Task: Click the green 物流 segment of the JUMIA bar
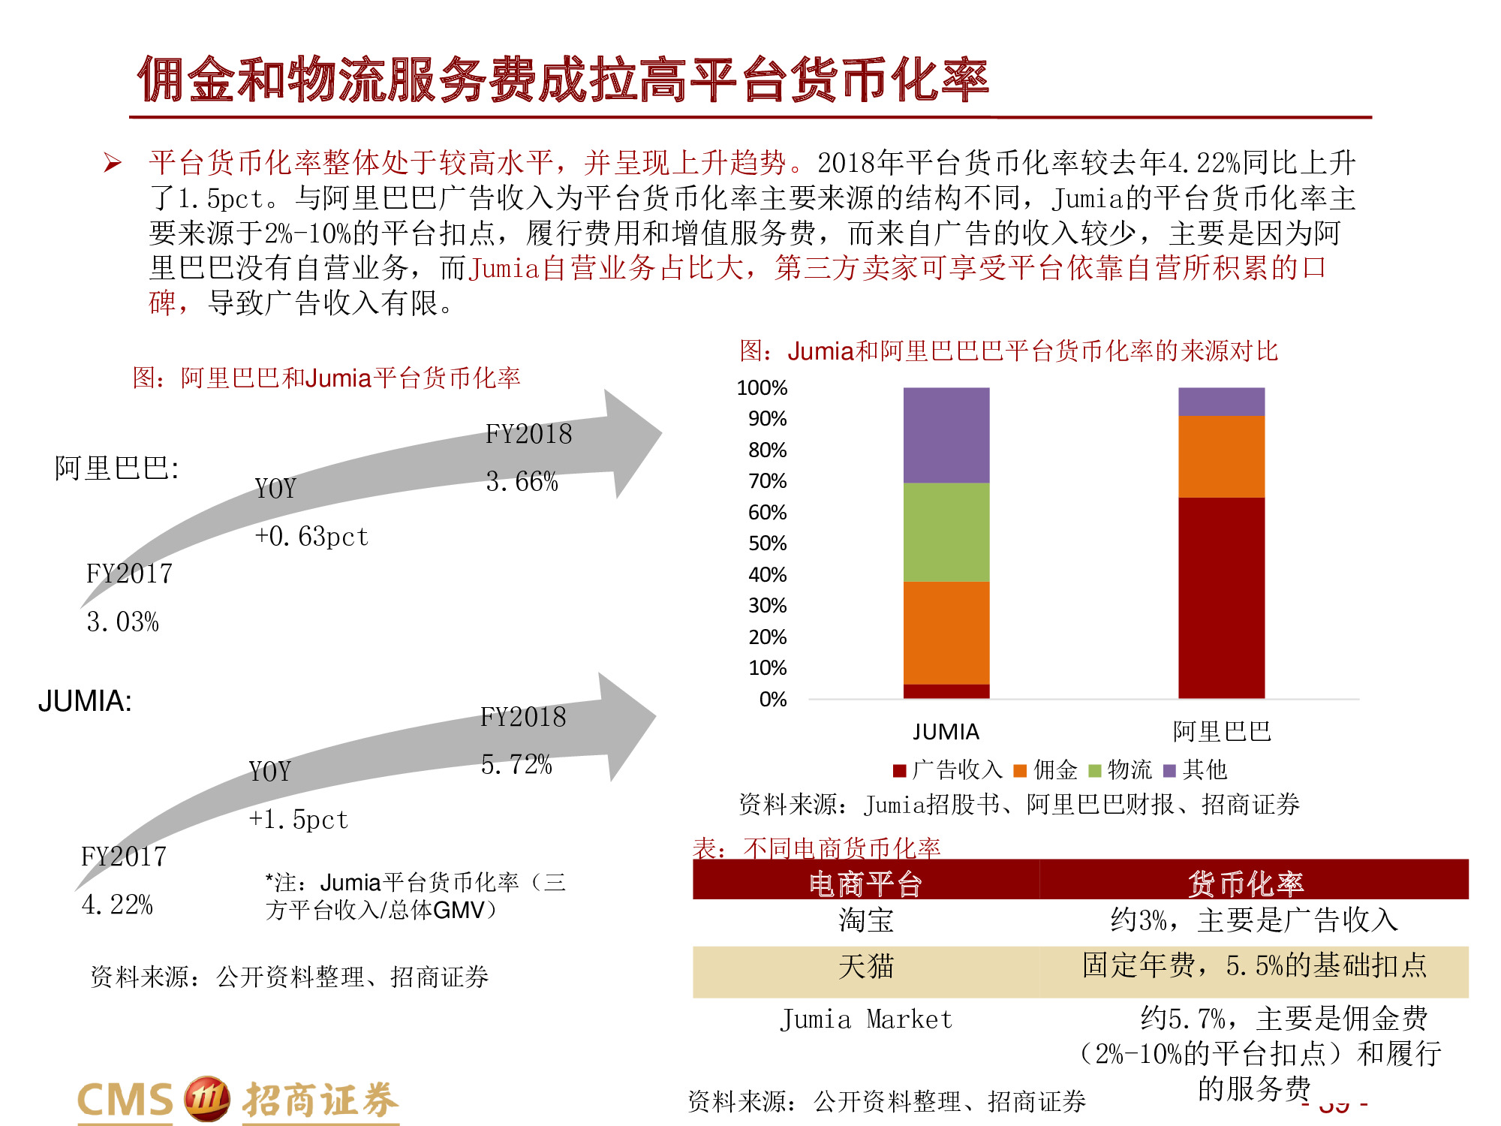(x=946, y=531)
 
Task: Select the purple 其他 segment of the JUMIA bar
(x=946, y=435)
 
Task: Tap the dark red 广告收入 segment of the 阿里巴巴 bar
(x=1221, y=598)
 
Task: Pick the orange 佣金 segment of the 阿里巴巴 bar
(x=1221, y=456)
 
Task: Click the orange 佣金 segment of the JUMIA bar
(x=946, y=633)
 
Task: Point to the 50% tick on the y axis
(x=767, y=543)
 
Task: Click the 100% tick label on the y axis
(x=762, y=388)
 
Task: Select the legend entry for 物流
(x=1120, y=769)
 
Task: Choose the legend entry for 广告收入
(x=949, y=769)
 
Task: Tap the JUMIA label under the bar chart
(x=946, y=731)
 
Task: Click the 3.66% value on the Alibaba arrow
(x=522, y=482)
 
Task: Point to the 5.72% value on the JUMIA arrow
(x=516, y=765)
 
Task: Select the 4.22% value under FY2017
(x=117, y=905)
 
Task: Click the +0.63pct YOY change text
(x=311, y=537)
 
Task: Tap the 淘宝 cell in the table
(x=865, y=920)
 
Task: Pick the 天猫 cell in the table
(x=865, y=966)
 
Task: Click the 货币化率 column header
(x=1246, y=884)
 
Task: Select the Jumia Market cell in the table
(x=865, y=1019)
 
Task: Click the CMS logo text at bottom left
(x=125, y=1100)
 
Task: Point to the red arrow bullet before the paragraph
(x=113, y=163)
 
